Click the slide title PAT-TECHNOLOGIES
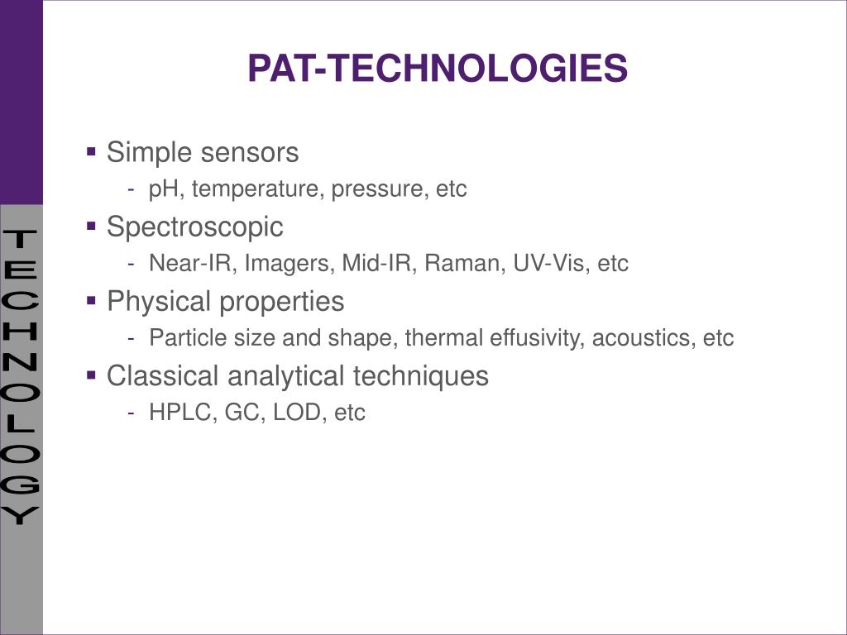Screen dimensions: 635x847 pyautogui.click(x=438, y=69)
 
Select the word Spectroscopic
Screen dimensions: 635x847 pyautogui.click(x=195, y=227)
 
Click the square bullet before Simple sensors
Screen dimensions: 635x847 pyautogui.click(x=92, y=152)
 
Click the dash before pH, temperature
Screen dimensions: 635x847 pyautogui.click(x=132, y=190)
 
